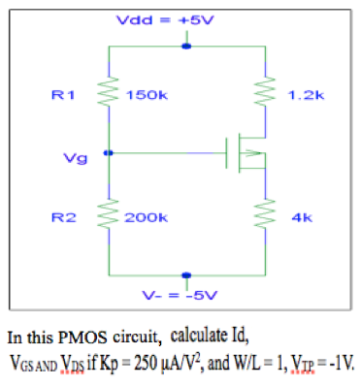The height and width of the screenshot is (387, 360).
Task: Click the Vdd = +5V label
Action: (184, 19)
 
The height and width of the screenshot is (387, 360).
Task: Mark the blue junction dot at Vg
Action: (109, 152)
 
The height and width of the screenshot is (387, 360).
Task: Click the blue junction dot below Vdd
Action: (185, 45)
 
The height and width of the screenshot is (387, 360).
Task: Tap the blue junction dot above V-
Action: (185, 275)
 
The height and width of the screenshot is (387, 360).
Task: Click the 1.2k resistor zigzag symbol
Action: (265, 95)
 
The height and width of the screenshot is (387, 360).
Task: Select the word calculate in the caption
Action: (200, 337)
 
